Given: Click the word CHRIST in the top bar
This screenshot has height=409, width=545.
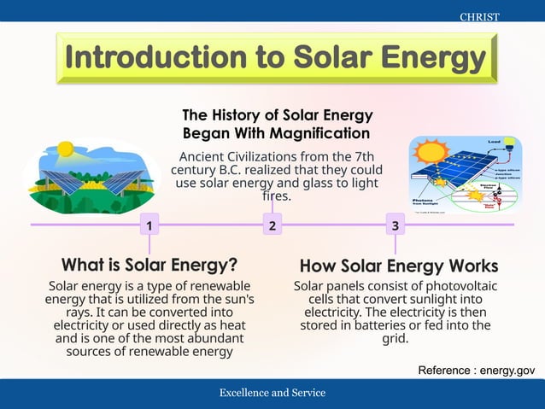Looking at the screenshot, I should (x=479, y=17).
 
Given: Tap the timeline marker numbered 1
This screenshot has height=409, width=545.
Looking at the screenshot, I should (x=149, y=225).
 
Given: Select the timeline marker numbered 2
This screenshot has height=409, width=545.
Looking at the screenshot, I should (x=272, y=225).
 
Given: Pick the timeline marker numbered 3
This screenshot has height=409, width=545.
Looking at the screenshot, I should (x=395, y=225).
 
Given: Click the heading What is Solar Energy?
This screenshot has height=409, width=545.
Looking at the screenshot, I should (x=149, y=263).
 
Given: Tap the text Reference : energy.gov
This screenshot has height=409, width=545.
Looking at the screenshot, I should (x=476, y=370).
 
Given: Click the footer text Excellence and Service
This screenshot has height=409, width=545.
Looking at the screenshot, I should (x=272, y=393).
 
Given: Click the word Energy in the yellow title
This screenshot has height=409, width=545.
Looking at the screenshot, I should (x=432, y=58).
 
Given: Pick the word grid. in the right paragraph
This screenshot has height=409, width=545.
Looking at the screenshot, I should (x=395, y=338).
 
